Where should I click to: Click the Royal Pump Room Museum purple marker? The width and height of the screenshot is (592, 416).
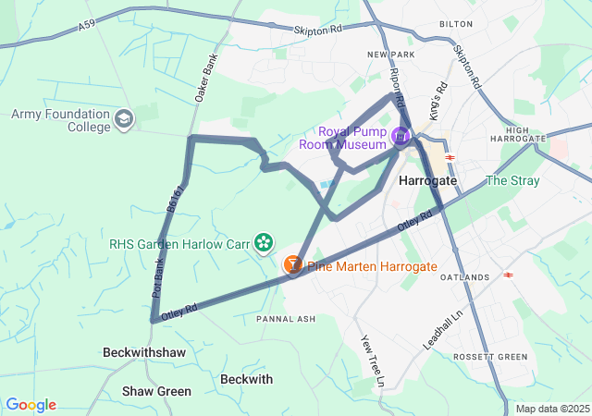pos(401,137)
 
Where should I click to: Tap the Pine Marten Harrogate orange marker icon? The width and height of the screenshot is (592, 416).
pos(292,266)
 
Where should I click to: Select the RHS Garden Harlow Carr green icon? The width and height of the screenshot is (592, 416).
pos(265,243)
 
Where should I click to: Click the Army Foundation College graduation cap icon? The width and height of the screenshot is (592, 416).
pos(125,120)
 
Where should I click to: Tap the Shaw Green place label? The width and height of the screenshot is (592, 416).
pos(157,391)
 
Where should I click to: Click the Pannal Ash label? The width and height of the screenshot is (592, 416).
pos(286,319)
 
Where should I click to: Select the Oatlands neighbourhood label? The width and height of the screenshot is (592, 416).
pos(465,277)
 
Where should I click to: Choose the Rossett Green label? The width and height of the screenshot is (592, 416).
pos(490,357)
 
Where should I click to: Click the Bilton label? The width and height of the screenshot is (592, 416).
pos(456,23)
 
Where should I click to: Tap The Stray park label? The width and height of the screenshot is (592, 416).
pos(512,180)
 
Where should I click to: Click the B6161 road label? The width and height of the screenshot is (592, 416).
pos(176,199)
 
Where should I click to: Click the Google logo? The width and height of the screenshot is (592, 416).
pos(31,405)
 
